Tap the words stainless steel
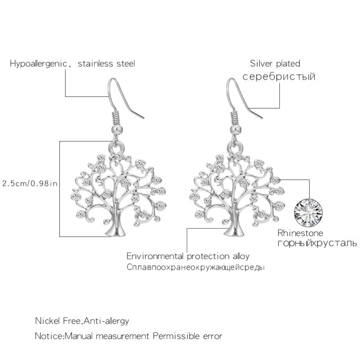point(107,64)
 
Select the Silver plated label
point(275,64)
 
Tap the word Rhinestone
point(301,234)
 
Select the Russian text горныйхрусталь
point(317,244)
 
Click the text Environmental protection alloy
point(188,256)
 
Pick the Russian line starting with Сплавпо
point(195,267)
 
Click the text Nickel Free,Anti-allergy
point(82,321)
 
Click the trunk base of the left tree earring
point(117,230)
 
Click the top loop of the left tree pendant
point(117,147)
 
